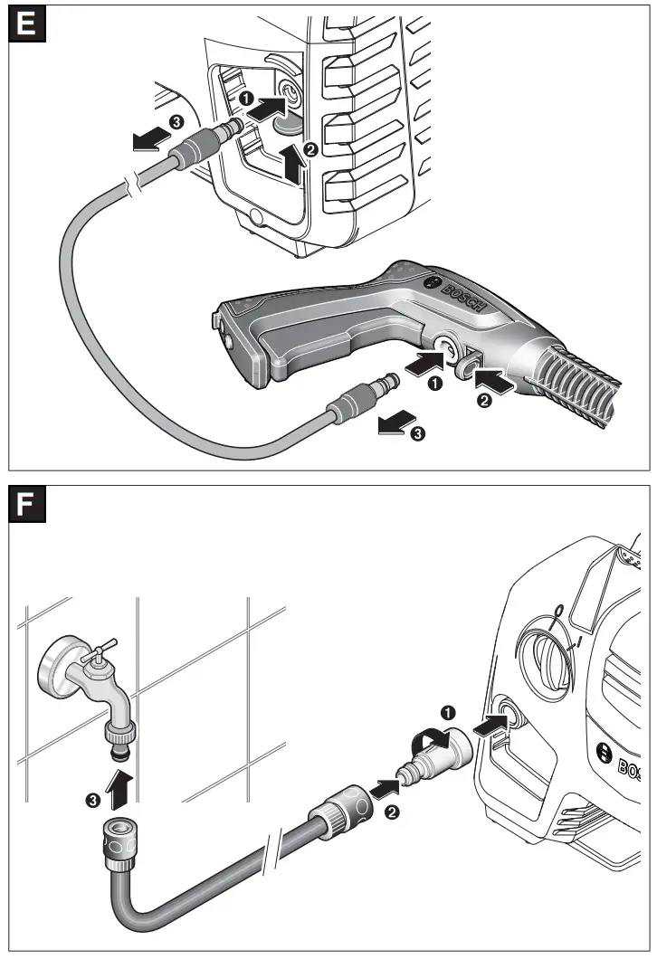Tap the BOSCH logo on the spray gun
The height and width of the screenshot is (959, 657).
(x=465, y=293)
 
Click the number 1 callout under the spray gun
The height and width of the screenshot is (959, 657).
(x=435, y=385)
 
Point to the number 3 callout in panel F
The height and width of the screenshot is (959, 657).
(x=94, y=799)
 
